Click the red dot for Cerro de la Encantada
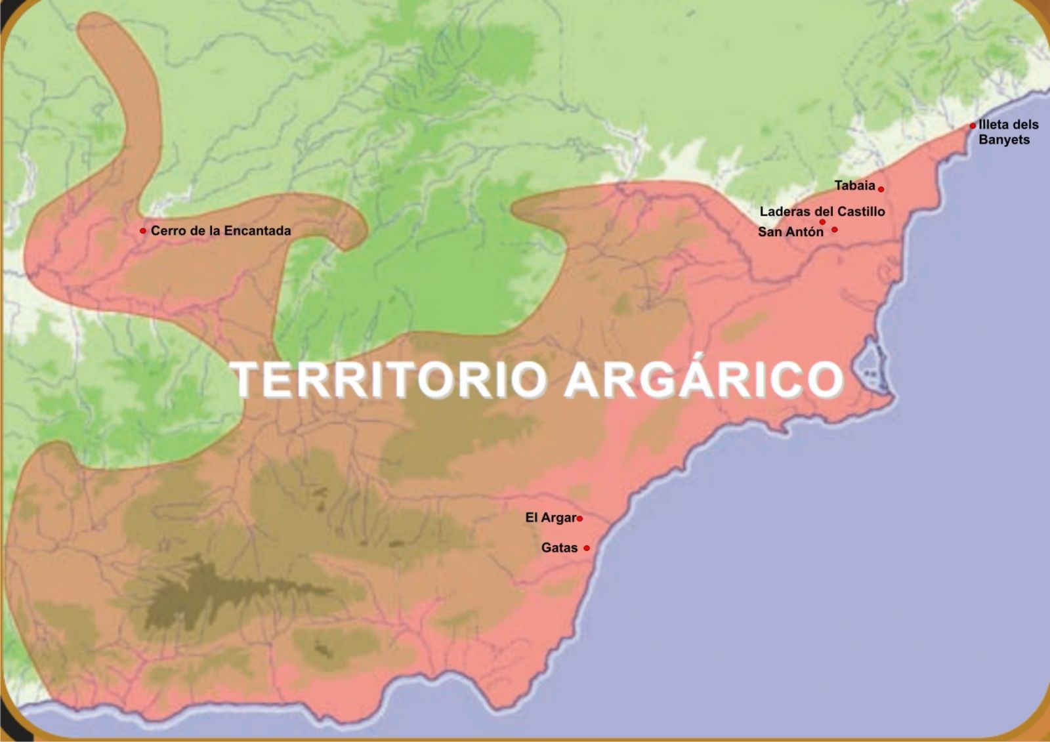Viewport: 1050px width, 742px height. [x=143, y=231]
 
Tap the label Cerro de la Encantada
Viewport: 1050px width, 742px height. [x=220, y=231]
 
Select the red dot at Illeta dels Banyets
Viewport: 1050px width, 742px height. [x=973, y=126]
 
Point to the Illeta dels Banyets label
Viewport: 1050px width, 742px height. [x=1008, y=132]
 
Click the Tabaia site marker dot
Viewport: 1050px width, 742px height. [x=881, y=189]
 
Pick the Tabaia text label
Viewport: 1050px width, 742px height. [x=854, y=186]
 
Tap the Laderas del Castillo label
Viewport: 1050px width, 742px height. [x=822, y=211]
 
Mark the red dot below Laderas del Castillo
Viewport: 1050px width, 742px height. [x=822, y=222]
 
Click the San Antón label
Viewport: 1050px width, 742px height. [x=790, y=232]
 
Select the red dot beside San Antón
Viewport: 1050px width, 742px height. [x=834, y=230]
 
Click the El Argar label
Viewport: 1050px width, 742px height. [x=551, y=518]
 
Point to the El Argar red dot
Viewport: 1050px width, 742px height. [x=579, y=519]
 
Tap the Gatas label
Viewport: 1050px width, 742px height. [x=559, y=548]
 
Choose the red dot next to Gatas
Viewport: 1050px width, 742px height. [x=587, y=548]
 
